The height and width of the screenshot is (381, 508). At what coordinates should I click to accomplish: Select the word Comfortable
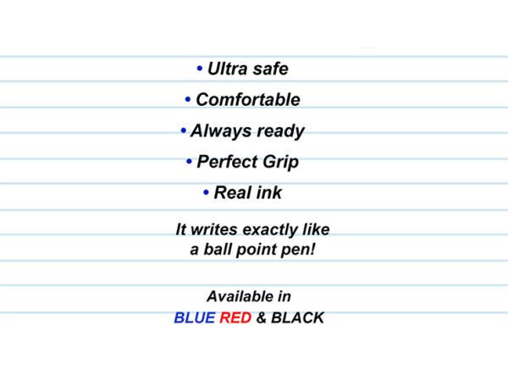coord(248,100)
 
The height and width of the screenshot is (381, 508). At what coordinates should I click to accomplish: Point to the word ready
coord(278,131)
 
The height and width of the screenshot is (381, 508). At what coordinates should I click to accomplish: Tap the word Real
coord(231,193)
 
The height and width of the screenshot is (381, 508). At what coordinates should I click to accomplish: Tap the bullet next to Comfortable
coord(188,100)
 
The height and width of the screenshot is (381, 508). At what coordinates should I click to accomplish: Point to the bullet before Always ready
coord(183,131)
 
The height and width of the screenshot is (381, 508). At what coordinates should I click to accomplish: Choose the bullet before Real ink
coord(207,193)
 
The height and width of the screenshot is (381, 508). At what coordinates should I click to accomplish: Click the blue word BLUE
coord(195,318)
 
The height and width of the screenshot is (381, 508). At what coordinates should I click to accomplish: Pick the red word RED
coord(235,318)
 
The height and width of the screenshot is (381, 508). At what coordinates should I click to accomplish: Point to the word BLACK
coord(297,318)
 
